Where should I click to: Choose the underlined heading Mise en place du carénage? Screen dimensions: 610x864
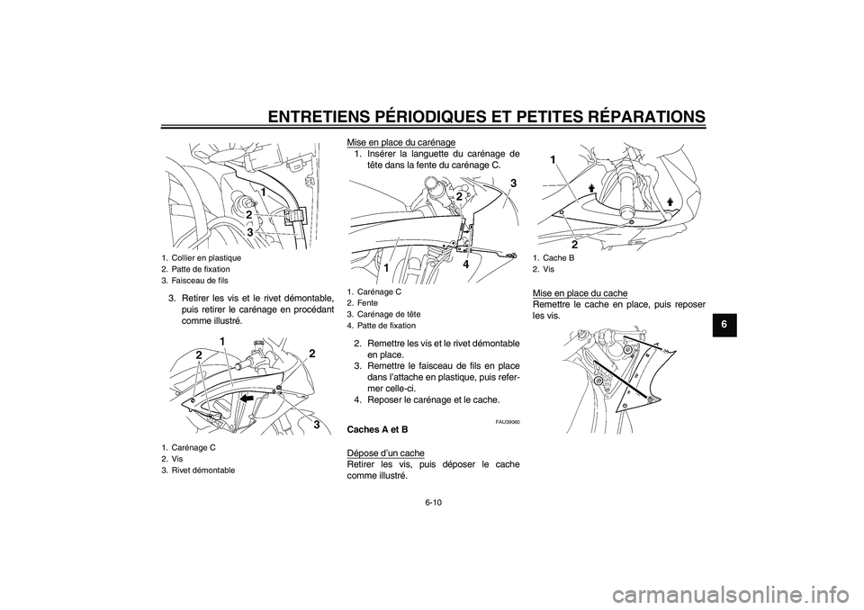400,141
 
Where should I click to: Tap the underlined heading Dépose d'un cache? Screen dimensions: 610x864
385,452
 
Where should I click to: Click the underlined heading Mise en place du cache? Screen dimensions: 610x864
580,293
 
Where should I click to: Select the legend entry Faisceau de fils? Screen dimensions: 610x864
192,279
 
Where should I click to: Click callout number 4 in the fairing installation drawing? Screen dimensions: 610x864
465,265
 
